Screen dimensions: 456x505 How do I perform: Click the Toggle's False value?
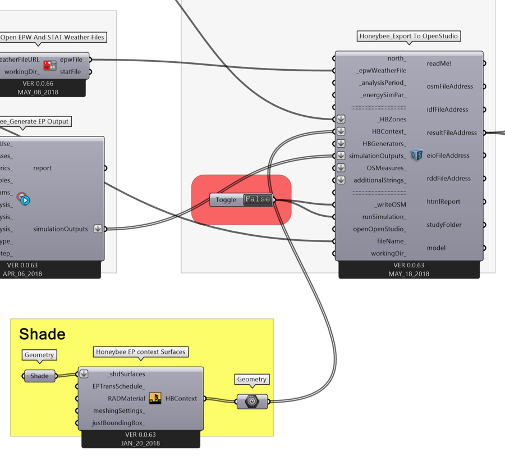[x=258, y=199]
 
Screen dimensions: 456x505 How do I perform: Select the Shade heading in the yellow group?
[x=42, y=334]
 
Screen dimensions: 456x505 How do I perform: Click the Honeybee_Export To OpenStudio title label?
[x=409, y=37]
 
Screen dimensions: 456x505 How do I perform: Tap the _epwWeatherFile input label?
[x=382, y=71]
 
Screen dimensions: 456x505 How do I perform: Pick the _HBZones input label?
[x=391, y=119]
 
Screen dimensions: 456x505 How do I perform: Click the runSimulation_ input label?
[x=384, y=217]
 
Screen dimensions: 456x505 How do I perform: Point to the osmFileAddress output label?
[x=449, y=86]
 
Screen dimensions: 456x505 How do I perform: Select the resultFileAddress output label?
[x=452, y=133]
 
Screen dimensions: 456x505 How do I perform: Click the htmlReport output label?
[x=443, y=202]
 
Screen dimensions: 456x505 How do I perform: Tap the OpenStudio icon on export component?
[x=416, y=156]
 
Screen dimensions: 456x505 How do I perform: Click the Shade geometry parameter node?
[x=39, y=376]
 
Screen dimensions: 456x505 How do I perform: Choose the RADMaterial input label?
[x=119, y=399]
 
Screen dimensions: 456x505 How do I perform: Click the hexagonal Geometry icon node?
[x=252, y=401]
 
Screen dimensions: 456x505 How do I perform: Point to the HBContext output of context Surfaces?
[x=181, y=399]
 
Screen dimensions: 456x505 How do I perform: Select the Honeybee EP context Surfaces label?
[x=140, y=352]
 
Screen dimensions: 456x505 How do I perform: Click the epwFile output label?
[x=71, y=60]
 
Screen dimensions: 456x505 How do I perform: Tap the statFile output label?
[x=70, y=72]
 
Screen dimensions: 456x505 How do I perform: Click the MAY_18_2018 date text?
[x=408, y=274]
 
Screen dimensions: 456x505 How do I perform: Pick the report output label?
[x=43, y=168]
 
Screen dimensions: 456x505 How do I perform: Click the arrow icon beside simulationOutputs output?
[x=98, y=229]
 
